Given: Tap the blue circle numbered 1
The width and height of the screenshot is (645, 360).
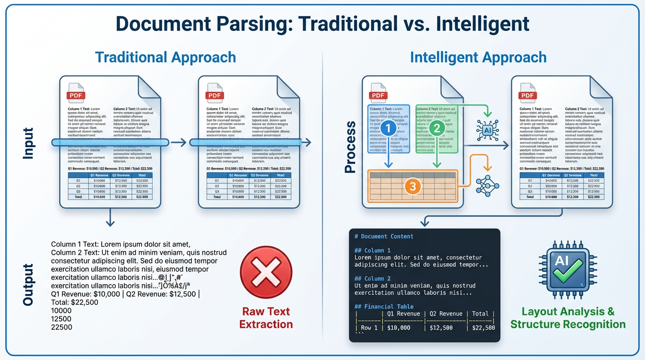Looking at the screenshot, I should tap(388, 127).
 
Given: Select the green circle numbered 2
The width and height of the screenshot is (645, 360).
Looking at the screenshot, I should tap(436, 127).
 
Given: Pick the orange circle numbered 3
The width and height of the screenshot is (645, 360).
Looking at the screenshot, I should tap(412, 187).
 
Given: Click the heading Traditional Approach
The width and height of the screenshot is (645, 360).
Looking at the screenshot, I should tap(165, 57).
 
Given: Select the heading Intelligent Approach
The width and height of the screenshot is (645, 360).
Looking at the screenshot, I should tap(478, 57).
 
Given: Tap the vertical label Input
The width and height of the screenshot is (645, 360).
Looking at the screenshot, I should tap(28, 143).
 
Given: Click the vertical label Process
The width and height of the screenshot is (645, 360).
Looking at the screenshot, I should tap(351, 147).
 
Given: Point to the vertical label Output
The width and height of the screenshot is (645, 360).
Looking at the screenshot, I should tap(28, 285).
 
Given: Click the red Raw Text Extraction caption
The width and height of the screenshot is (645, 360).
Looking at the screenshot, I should tap(266, 318).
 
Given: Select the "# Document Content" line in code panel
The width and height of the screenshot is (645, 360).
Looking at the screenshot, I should tap(384, 236).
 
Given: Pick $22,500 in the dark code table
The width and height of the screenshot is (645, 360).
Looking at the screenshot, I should tap(483, 328).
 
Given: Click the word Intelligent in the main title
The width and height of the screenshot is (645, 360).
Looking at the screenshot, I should tap(482, 23).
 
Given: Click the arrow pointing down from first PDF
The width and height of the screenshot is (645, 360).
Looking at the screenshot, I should tap(110, 218).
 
